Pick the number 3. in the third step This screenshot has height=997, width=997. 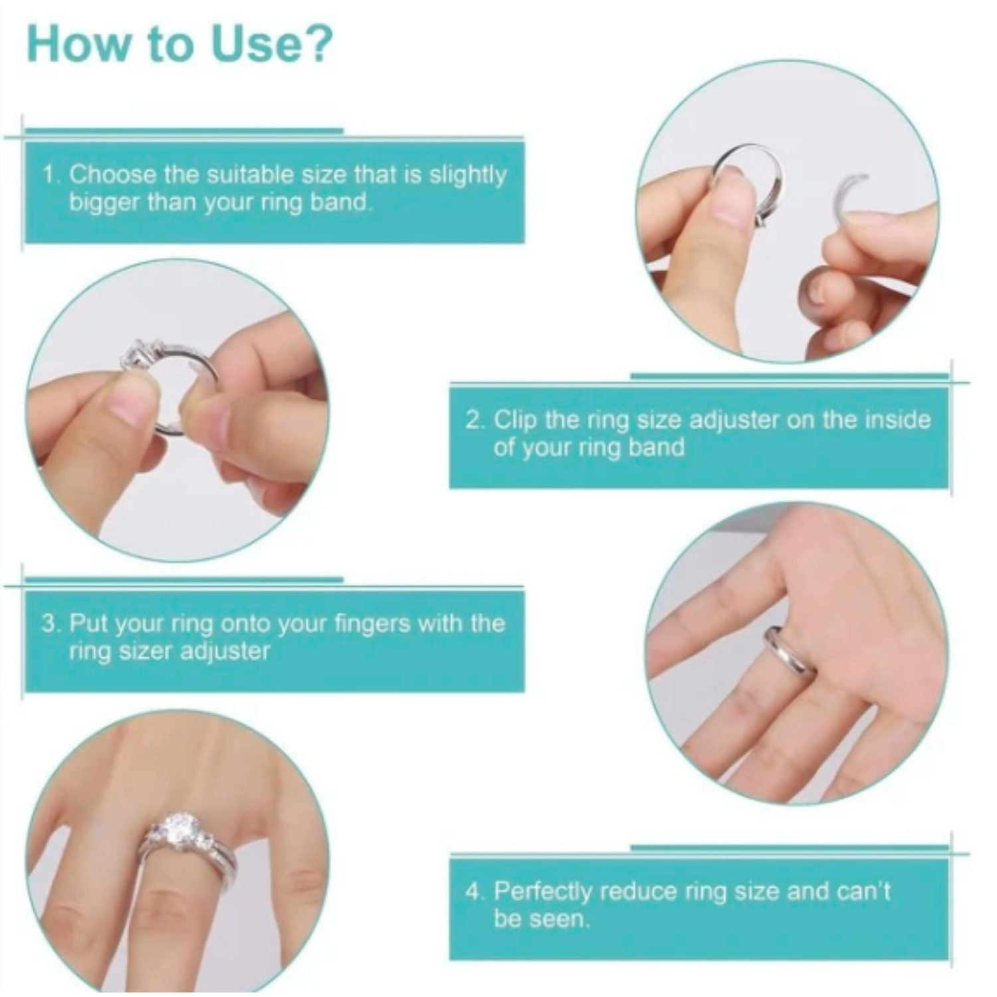[x=51, y=623]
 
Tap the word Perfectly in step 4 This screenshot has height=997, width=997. [x=542, y=891]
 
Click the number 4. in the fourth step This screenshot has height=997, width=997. [x=475, y=891]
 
